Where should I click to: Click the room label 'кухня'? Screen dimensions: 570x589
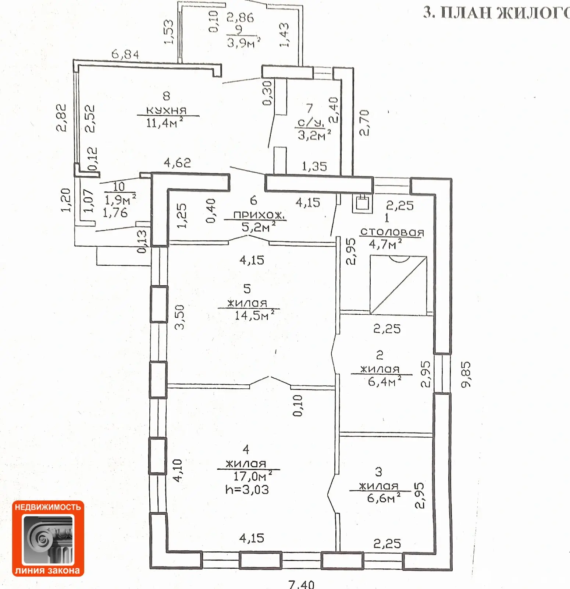coord(167,110)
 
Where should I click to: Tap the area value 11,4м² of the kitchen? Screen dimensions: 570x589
coord(164,122)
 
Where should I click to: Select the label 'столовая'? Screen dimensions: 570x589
coord(392,232)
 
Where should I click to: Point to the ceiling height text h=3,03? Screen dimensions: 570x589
coord(247,490)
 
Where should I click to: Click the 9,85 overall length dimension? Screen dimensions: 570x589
coord(466,374)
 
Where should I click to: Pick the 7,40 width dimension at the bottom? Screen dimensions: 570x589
coord(302,584)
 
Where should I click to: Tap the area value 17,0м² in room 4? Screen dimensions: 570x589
coord(253,476)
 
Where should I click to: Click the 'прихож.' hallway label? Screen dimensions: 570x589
coord(260,215)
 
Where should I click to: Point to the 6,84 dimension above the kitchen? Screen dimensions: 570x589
coord(125,54)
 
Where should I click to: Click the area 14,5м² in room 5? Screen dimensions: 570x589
coord(254,315)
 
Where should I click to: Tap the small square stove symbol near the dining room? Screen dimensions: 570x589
coord(362,203)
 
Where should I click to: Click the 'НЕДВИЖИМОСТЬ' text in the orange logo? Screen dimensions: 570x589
coord(48,507)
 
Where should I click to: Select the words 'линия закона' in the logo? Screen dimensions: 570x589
coord(47,571)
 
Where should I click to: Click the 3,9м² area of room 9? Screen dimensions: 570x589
coord(243,43)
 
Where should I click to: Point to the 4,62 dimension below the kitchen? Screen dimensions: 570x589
coord(177,163)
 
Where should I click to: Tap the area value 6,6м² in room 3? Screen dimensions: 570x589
coord(384,498)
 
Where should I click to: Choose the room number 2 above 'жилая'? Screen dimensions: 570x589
coord(380,355)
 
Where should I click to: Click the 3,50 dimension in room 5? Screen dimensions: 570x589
coord(179,317)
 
